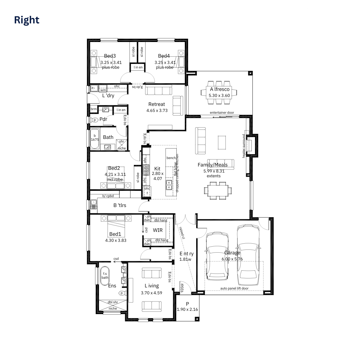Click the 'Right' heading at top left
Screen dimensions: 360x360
(x=27, y=20)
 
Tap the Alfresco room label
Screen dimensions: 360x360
(x=220, y=89)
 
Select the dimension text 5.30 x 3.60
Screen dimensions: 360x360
(x=219, y=96)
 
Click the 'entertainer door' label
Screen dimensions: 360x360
(x=222, y=113)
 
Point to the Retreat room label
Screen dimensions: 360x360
(x=157, y=104)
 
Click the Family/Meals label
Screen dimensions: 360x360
(x=212, y=165)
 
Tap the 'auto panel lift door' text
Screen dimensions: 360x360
(x=234, y=288)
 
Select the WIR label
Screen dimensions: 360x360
(x=158, y=230)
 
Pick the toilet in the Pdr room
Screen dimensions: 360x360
(x=95, y=120)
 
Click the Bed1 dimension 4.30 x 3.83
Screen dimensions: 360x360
(x=116, y=240)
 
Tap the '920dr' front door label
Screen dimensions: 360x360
(x=182, y=287)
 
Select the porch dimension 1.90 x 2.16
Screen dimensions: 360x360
(x=187, y=310)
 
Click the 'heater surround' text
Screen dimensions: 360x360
(x=244, y=146)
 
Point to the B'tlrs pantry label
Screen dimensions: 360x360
(x=120, y=205)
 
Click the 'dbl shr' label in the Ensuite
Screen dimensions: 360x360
(x=113, y=302)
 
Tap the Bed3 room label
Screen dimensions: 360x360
(x=110, y=56)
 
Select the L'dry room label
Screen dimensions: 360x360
(x=108, y=96)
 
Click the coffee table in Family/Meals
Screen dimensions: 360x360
(x=222, y=142)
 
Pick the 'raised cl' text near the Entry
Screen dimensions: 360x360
(x=182, y=232)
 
